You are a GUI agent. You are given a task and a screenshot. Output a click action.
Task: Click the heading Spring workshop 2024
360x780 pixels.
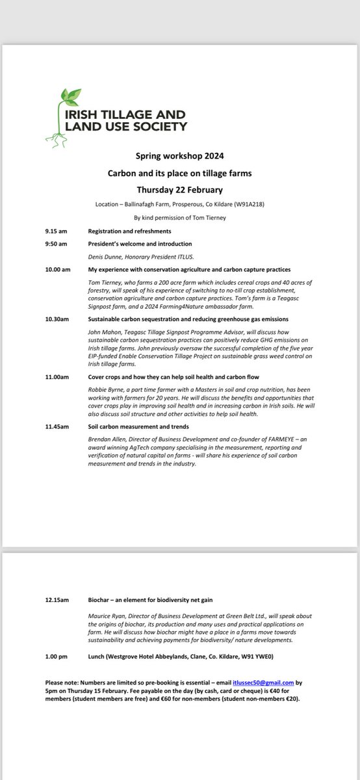click(x=179, y=157)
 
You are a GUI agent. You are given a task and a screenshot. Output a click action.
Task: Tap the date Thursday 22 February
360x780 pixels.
click(x=179, y=190)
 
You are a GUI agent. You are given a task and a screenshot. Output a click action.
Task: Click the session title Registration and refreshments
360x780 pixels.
click(x=130, y=231)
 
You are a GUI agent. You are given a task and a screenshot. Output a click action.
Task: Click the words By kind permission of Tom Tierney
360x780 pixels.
click(x=179, y=218)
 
